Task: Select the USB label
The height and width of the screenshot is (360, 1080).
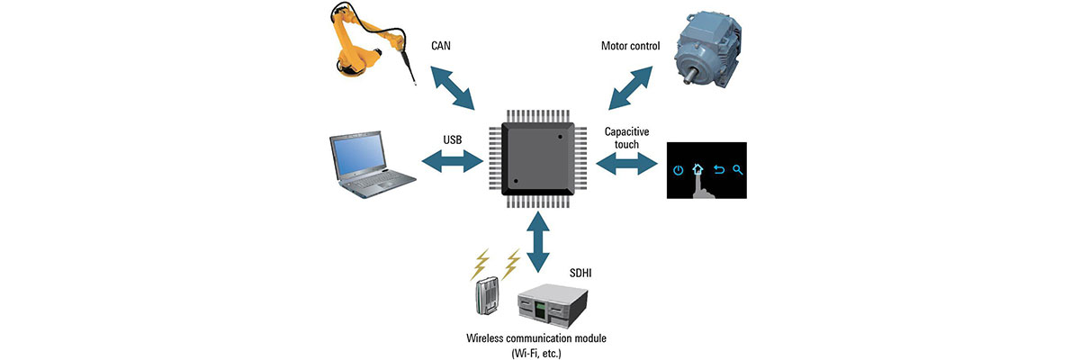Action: tap(454, 139)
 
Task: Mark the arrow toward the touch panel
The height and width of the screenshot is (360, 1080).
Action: tap(625, 164)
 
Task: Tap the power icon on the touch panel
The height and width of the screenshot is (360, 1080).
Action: tap(678, 169)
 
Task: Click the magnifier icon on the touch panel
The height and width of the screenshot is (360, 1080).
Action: tap(738, 169)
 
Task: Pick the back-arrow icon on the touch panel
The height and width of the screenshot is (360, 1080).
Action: tap(719, 169)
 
